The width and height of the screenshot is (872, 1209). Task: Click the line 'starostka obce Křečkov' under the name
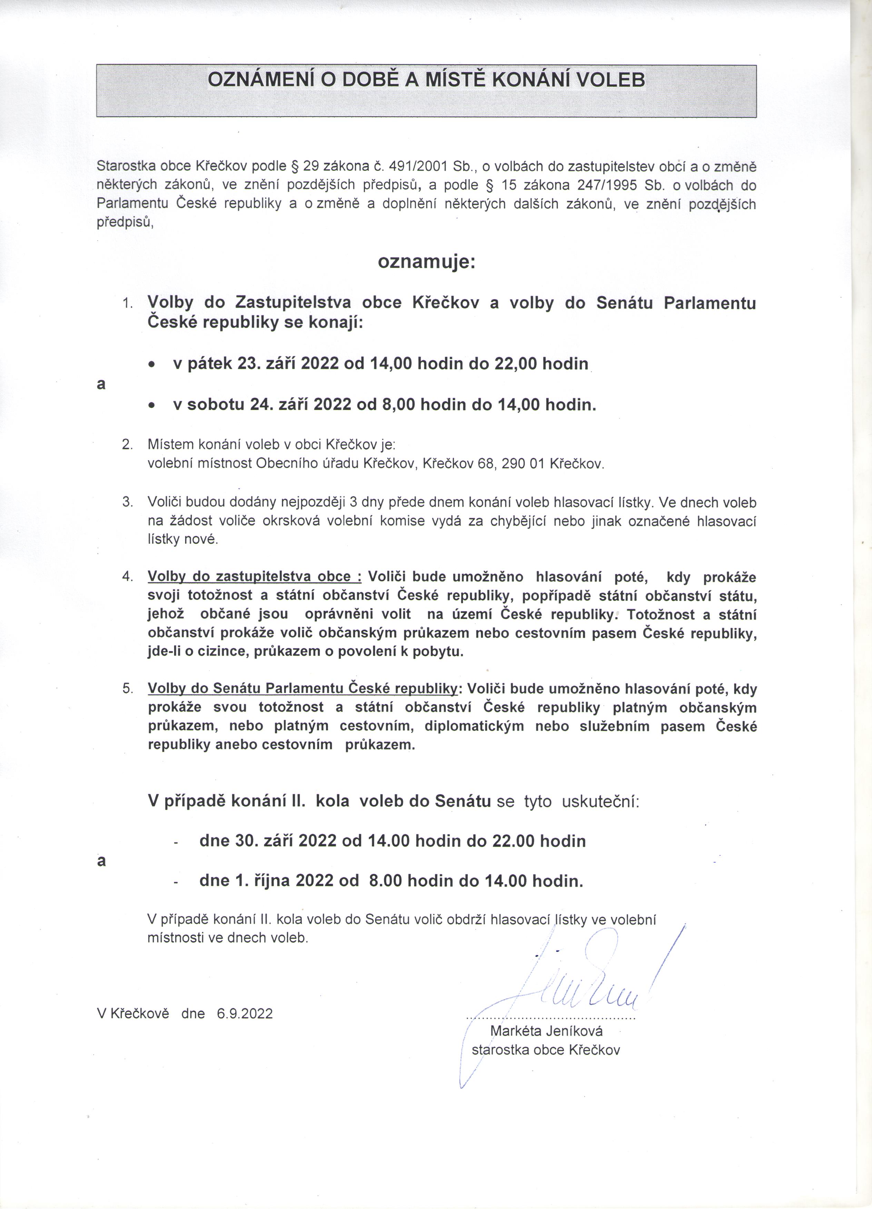(546, 1050)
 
